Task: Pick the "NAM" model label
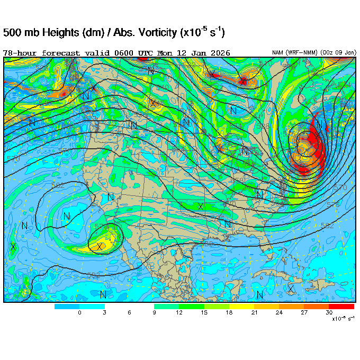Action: click(x=278, y=53)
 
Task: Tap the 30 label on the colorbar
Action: click(x=329, y=313)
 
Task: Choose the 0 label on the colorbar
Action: click(x=79, y=313)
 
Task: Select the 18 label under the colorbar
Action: click(x=229, y=313)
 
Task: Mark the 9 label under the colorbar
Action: click(x=154, y=313)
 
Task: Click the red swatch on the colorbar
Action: click(x=341, y=307)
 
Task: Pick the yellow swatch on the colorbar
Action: click(x=241, y=307)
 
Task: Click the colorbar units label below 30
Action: click(x=343, y=319)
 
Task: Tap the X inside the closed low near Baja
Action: click(x=100, y=246)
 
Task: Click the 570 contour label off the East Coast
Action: click(x=341, y=187)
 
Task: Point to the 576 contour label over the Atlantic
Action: click(x=333, y=204)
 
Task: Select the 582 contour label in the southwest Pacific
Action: click(x=58, y=186)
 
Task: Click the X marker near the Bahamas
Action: click(x=291, y=289)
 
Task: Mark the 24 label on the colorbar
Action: click(x=279, y=313)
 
